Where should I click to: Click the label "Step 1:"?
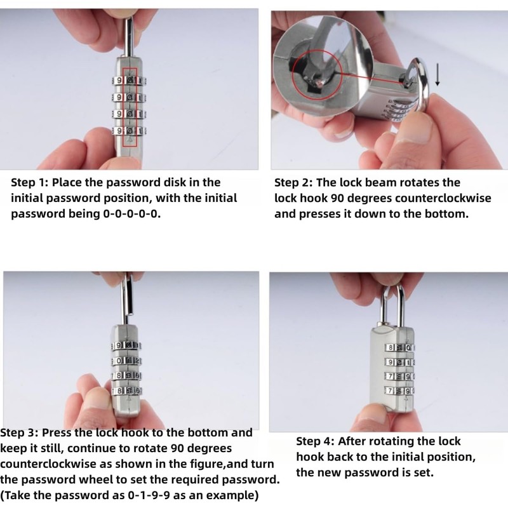[x=32, y=182]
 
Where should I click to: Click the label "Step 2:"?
[x=296, y=183]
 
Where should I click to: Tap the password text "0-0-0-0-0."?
[x=132, y=214]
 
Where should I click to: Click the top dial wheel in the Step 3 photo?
[x=126, y=346]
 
